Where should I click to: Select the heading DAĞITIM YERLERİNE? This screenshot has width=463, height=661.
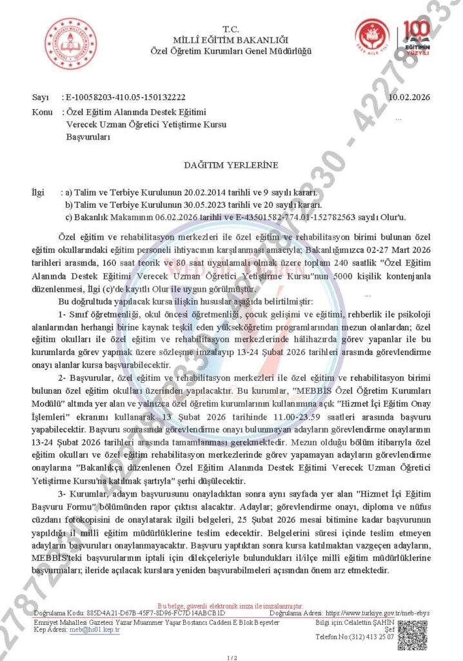231,165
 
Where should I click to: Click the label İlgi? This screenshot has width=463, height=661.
39,192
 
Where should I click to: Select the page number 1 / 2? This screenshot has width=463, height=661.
231,656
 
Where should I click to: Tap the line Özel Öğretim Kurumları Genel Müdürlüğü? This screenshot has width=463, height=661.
231,50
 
